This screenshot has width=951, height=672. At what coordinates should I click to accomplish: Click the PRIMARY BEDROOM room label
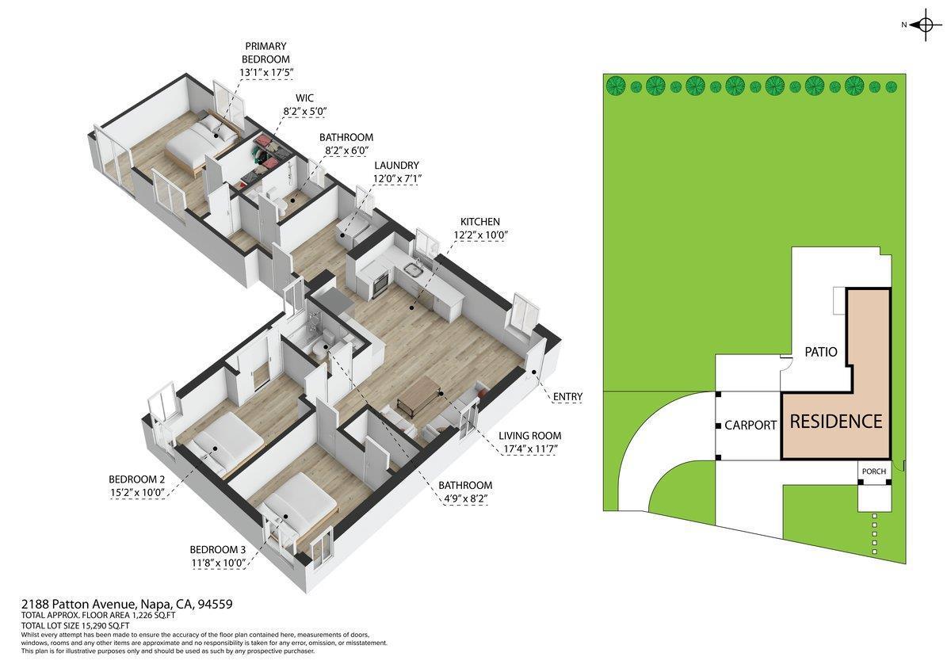(266, 52)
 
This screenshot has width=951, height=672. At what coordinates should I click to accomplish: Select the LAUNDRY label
(396, 165)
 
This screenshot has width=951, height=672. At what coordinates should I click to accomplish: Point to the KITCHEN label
(480, 222)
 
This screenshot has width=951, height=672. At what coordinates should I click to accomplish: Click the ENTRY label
(568, 397)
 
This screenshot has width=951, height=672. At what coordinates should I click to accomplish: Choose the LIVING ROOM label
(529, 436)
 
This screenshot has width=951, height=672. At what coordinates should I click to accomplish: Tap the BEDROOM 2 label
(136, 479)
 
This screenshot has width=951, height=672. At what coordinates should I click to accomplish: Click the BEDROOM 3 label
(218, 549)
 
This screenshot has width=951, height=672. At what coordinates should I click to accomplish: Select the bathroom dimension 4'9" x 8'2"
(466, 498)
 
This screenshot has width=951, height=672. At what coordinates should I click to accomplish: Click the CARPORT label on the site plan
(750, 425)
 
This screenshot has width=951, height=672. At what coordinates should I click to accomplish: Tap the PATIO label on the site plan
(821, 352)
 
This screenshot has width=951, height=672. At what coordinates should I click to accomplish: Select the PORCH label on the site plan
(873, 472)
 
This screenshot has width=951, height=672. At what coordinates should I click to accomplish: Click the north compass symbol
(924, 25)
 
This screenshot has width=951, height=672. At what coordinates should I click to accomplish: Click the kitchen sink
(413, 271)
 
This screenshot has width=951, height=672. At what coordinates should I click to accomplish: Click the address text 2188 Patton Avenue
(80, 604)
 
